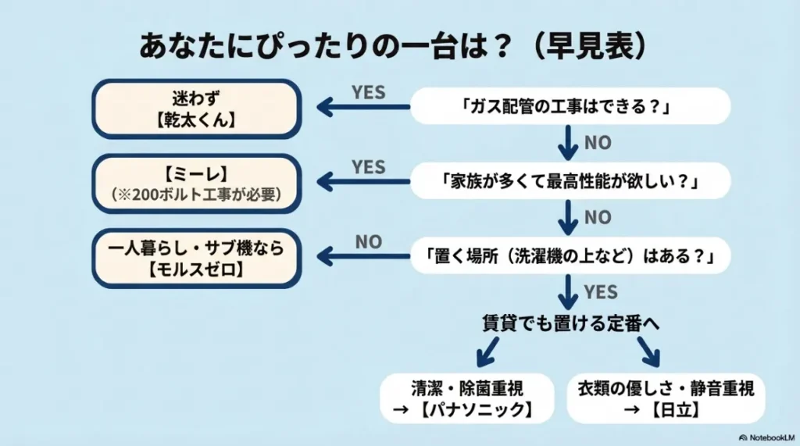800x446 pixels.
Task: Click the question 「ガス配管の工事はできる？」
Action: (570, 106)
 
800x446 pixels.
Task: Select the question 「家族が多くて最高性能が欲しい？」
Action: (570, 181)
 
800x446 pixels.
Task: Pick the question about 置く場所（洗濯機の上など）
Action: (570, 255)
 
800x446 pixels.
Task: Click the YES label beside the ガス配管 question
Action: (368, 91)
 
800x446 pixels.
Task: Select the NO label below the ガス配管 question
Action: (598, 143)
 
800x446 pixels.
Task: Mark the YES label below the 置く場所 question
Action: (600, 292)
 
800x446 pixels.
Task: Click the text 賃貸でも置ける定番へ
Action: (570, 323)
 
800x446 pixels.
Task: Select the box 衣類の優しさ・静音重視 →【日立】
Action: (665, 398)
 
